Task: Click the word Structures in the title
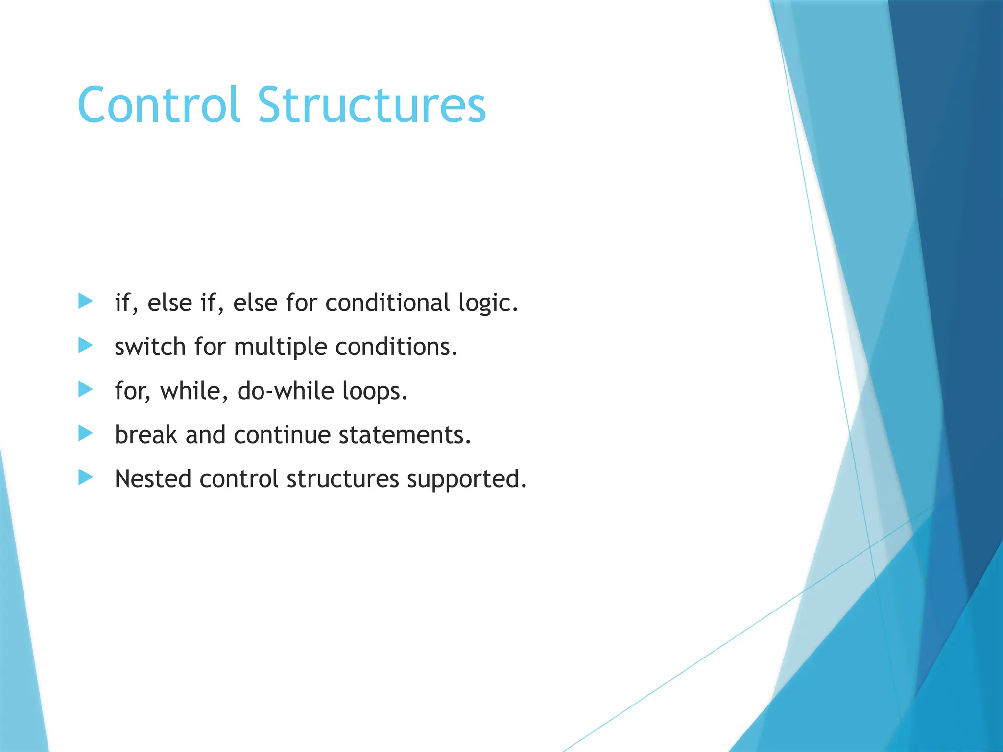coord(372,105)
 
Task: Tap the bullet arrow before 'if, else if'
coord(85,301)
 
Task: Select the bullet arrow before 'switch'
coord(85,346)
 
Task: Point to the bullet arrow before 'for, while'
coord(85,390)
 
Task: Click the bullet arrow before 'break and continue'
coord(85,433)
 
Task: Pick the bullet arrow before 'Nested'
coord(85,477)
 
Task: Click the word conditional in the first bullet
coord(387,303)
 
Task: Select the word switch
coord(150,347)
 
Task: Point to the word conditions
coord(396,347)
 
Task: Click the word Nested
coord(152,479)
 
